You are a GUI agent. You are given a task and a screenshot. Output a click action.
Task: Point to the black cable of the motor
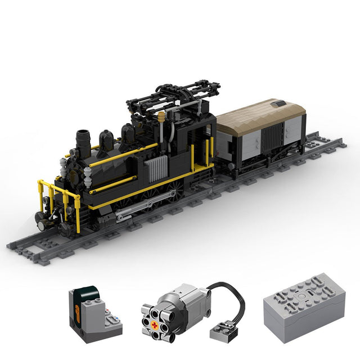pos(236,298)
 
